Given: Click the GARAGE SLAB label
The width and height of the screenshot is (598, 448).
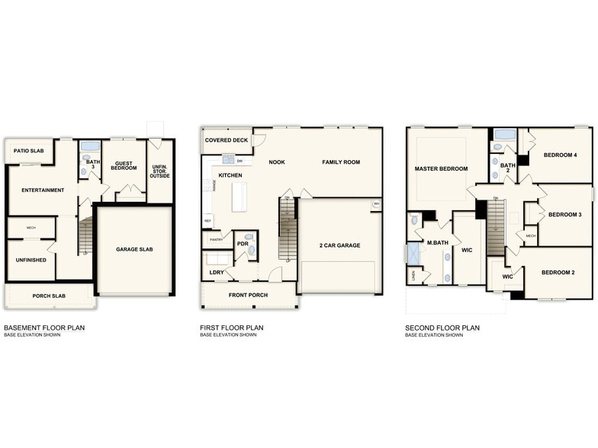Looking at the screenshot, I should click(x=133, y=249).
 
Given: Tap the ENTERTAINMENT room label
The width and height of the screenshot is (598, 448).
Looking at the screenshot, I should click(x=43, y=190).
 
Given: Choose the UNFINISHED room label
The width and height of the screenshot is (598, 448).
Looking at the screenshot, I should click(x=31, y=260).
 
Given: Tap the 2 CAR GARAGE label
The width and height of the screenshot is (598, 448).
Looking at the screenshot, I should click(x=339, y=245).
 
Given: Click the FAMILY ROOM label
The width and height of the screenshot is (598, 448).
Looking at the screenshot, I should click(x=341, y=162).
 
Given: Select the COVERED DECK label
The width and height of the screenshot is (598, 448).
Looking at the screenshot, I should click(x=227, y=140).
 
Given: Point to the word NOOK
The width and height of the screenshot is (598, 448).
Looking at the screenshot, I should click(x=276, y=162).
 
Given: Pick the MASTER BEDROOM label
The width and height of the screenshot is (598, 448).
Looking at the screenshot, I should click(x=441, y=168).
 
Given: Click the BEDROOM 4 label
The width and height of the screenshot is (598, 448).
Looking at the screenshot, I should click(x=560, y=155).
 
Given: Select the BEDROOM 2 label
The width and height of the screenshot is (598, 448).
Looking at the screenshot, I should click(x=558, y=272).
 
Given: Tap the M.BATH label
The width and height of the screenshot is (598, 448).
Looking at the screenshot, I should click(x=436, y=243).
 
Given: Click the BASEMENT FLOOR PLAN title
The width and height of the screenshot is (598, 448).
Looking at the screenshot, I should click(x=44, y=328).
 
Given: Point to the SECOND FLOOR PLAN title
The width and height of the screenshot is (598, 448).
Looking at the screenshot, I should click(x=442, y=328).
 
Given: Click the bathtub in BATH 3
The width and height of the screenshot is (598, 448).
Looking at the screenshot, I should click(x=90, y=146).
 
